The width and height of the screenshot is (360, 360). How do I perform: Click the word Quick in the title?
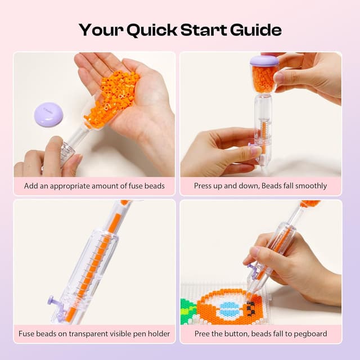(x=152, y=30)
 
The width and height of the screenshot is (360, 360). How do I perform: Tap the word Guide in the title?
(x=256, y=30)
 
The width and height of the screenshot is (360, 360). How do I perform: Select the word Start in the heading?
(x=204, y=30)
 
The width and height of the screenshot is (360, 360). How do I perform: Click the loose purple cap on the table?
(x=48, y=115)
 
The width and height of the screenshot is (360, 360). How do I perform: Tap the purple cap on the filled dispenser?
(x=264, y=61)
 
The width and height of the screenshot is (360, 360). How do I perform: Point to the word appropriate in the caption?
(x=70, y=186)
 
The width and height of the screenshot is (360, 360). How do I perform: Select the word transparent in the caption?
(x=88, y=334)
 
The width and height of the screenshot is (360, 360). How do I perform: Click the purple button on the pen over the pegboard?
(x=251, y=268)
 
